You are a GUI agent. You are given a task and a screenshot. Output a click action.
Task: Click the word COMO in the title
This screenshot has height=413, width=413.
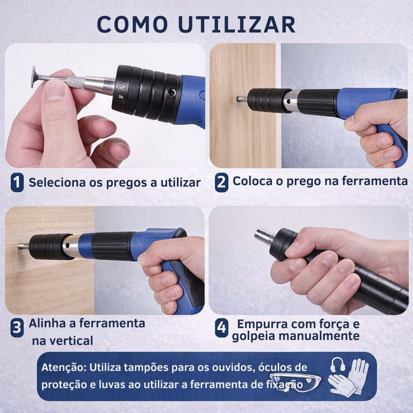(132, 24)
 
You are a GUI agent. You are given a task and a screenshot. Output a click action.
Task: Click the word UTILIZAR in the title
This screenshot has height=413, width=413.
(237, 24)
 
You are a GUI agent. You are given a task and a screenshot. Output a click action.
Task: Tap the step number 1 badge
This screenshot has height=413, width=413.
(17, 182)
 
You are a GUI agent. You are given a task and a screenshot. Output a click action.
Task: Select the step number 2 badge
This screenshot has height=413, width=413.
(221, 182)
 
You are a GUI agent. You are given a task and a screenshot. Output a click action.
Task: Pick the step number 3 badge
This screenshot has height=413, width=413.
(17, 328)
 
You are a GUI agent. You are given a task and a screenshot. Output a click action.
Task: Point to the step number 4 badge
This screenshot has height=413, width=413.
(221, 328)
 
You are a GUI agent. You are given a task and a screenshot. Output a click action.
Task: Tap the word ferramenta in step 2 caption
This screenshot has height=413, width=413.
(375, 181)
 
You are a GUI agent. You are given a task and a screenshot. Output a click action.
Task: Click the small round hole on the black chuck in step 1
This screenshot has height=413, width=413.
(172, 93)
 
